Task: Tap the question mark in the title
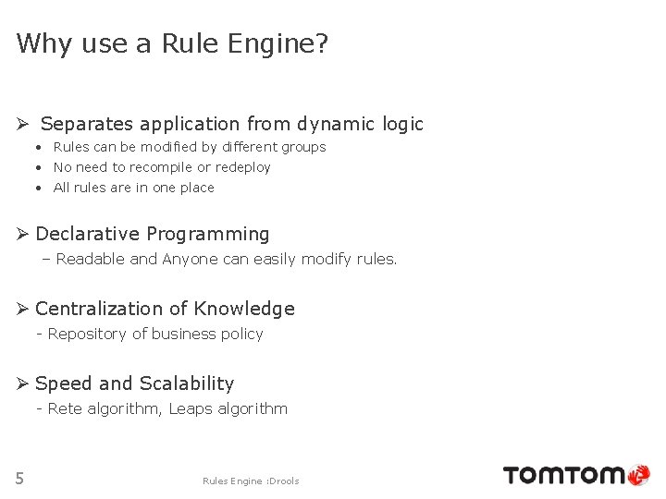(321, 43)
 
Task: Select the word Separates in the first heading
(89, 124)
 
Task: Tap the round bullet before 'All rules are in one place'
(40, 188)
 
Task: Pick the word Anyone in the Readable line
(191, 260)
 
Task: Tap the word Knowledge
(249, 310)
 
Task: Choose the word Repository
(88, 335)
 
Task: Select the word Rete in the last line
(65, 408)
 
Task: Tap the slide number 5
(19, 478)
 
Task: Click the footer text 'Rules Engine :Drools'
(251, 481)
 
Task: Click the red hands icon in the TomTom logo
(639, 476)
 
